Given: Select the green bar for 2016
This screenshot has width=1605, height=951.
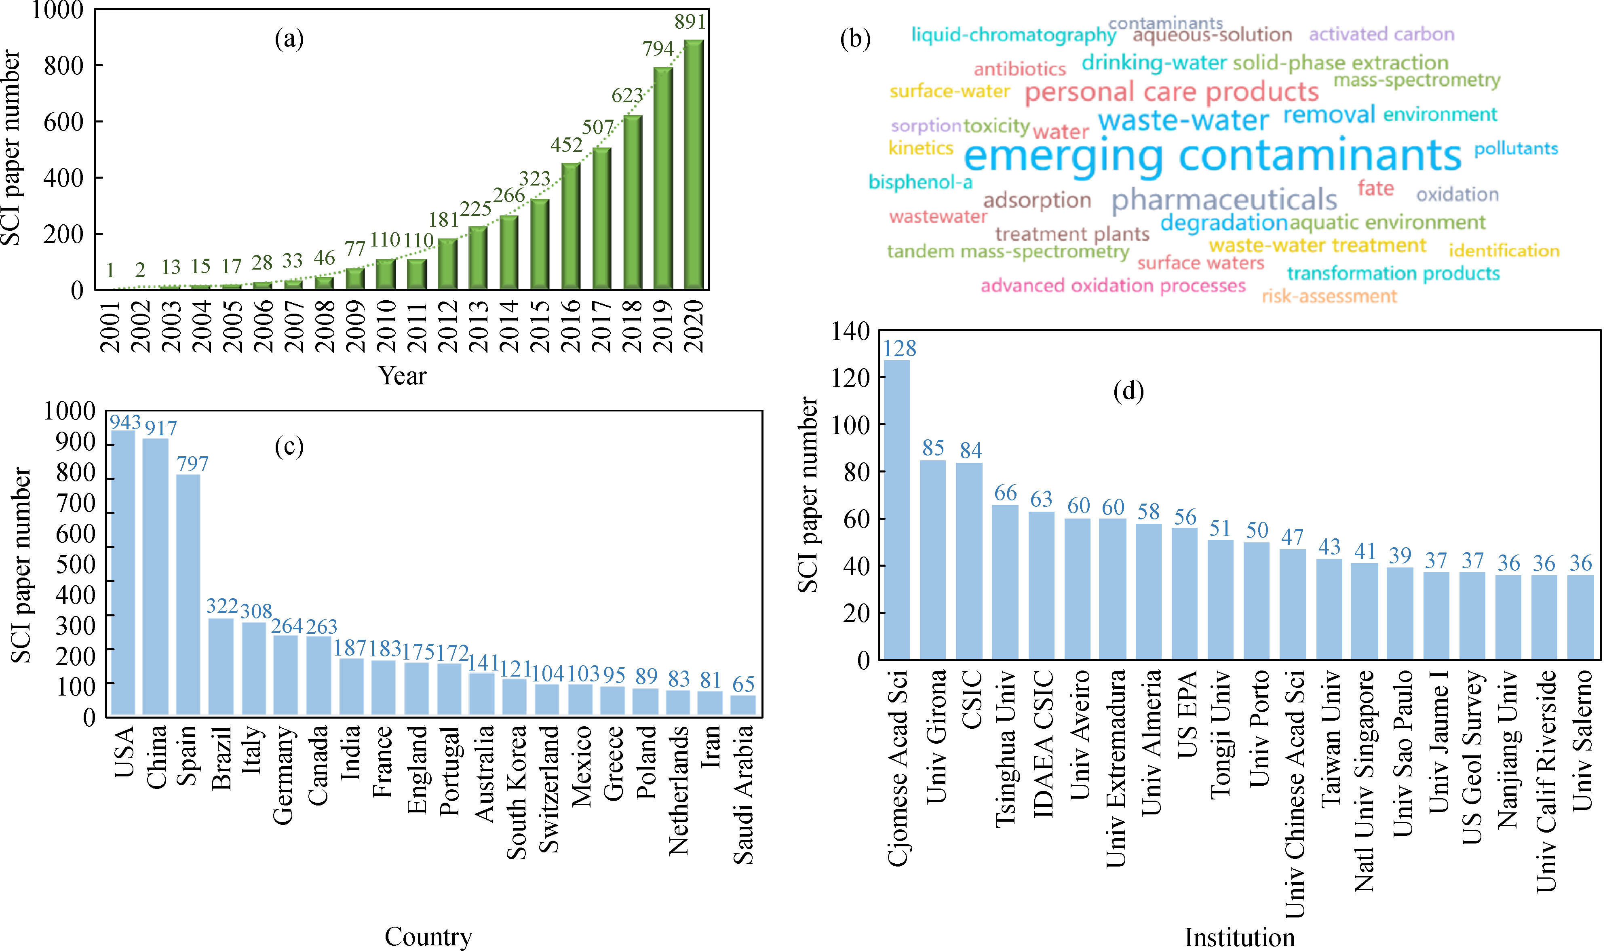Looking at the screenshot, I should coord(570,226).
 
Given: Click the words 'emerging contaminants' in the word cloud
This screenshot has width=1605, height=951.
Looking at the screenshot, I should coord(1212,156).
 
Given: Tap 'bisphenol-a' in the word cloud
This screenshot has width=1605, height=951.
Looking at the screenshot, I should coord(920,182).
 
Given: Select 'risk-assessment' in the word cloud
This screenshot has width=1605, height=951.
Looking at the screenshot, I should coord(1329,296).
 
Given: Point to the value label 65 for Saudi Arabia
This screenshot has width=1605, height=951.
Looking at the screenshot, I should coord(743,684).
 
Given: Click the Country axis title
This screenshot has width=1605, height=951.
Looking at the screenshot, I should coord(428,936).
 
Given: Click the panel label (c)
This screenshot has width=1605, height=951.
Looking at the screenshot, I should coord(289,446).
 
